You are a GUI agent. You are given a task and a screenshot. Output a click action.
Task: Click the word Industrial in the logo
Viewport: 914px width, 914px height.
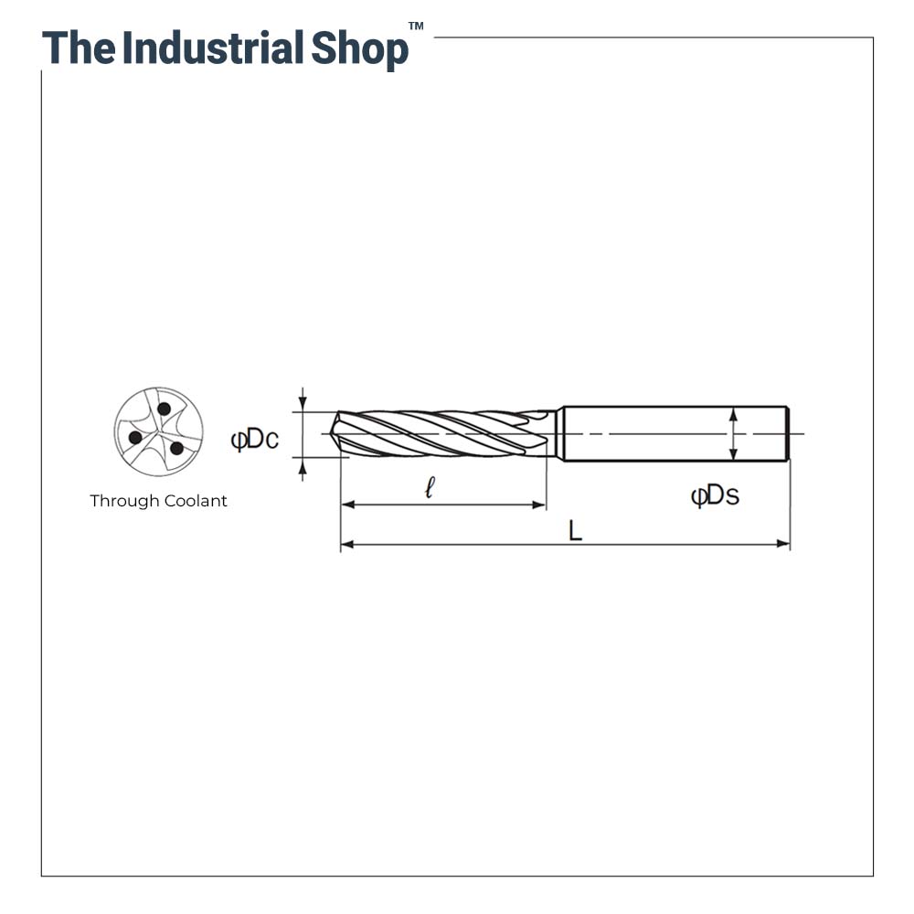point(213,48)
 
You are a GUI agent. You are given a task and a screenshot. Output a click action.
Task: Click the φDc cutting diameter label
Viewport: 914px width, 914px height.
point(255,440)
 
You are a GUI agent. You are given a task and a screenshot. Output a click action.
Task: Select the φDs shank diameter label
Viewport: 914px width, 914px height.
point(715,495)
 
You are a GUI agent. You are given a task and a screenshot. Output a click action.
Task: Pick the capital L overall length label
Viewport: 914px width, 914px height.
point(575,531)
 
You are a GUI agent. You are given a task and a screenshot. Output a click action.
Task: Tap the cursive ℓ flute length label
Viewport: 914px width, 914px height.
point(430,488)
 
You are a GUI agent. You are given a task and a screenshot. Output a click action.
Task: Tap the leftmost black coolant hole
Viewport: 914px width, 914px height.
point(135,437)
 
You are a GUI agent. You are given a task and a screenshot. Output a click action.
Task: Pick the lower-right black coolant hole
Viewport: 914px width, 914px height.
point(176,448)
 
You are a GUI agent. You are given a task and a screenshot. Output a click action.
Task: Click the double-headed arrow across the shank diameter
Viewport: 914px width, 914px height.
point(732,433)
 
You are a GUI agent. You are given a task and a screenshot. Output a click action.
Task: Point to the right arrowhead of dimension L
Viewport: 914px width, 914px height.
point(783,544)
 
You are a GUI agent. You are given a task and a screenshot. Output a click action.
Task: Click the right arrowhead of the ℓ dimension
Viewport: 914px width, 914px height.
point(540,505)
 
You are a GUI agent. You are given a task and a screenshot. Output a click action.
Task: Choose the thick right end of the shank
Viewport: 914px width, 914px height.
point(787,433)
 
